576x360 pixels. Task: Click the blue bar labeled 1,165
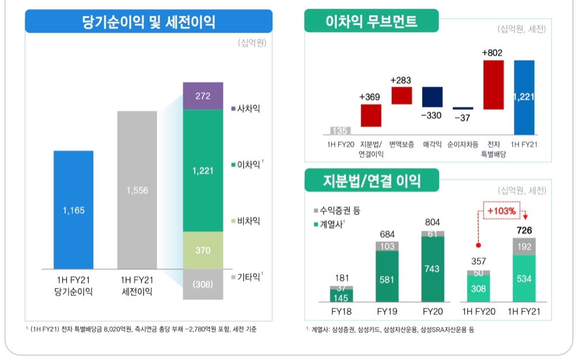tap(73, 210)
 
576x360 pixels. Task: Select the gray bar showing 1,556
tap(137, 190)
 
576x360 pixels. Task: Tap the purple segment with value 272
tap(203, 96)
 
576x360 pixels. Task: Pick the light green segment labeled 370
tap(203, 251)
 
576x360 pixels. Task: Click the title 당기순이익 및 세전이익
tap(149, 22)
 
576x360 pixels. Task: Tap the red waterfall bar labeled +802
tap(494, 85)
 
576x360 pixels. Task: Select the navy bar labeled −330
tap(432, 97)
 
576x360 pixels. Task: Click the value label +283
tap(401, 80)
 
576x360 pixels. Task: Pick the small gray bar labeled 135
tap(340, 131)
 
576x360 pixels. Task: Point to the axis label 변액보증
tap(401, 144)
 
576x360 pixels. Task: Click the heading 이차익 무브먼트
tap(372, 22)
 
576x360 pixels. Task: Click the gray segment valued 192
tap(524, 247)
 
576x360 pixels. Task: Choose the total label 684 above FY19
tap(386, 234)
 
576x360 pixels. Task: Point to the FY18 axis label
tap(341, 312)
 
